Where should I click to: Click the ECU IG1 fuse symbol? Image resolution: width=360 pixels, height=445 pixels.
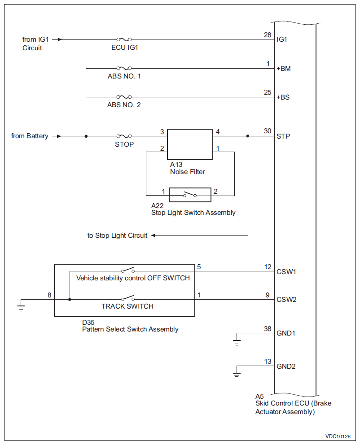click(124, 39)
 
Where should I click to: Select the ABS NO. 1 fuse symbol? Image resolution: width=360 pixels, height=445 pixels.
click(124, 68)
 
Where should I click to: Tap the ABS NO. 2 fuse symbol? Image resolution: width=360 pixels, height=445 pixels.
click(124, 97)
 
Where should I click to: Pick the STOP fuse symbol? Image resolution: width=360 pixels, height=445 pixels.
click(124, 136)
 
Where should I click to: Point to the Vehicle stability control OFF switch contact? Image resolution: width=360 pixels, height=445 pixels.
click(128, 270)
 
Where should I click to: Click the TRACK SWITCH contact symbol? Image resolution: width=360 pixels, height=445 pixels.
click(128, 297)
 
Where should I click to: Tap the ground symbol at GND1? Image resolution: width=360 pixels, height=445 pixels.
click(237, 343)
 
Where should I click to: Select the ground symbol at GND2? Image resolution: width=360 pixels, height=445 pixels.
click(237, 375)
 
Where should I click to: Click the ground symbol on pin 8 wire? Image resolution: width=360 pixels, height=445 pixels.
click(21, 308)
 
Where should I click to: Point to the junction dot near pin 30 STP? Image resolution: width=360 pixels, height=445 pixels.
click(248, 136)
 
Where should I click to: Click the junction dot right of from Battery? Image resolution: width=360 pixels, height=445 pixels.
click(86, 136)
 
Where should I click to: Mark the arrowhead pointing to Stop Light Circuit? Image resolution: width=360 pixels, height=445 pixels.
click(154, 235)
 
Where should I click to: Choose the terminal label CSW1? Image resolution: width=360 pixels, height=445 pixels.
click(286, 271)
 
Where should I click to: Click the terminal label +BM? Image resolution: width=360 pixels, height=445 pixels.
click(284, 68)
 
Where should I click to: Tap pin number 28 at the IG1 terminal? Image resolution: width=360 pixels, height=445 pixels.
click(268, 35)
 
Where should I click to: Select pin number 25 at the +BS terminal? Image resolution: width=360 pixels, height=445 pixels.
click(268, 92)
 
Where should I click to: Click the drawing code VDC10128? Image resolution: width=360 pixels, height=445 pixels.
click(338, 436)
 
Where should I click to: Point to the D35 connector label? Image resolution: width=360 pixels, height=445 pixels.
click(88, 323)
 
